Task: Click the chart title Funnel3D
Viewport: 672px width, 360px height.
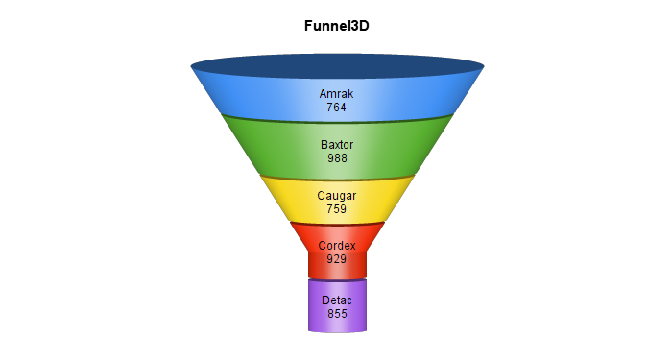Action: pyautogui.click(x=336, y=26)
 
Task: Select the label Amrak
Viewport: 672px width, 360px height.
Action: pyautogui.click(x=336, y=94)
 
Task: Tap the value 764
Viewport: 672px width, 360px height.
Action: pyautogui.click(x=336, y=108)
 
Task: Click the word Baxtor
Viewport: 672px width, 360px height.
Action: pyautogui.click(x=337, y=145)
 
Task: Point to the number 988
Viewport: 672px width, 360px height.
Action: pyautogui.click(x=337, y=158)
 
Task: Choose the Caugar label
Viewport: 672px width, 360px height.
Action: pyautogui.click(x=337, y=196)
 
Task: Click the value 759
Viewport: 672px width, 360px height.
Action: pyautogui.click(x=336, y=208)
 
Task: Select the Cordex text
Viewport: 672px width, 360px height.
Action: pyautogui.click(x=337, y=246)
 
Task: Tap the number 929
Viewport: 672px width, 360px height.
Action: pyautogui.click(x=336, y=259)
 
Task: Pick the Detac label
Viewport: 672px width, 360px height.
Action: pyautogui.click(x=337, y=300)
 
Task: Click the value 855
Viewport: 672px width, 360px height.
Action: pyautogui.click(x=337, y=314)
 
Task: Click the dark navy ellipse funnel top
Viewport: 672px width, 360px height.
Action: pyautogui.click(x=337, y=66)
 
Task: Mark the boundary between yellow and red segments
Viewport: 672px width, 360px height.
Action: pyautogui.click(x=337, y=224)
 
